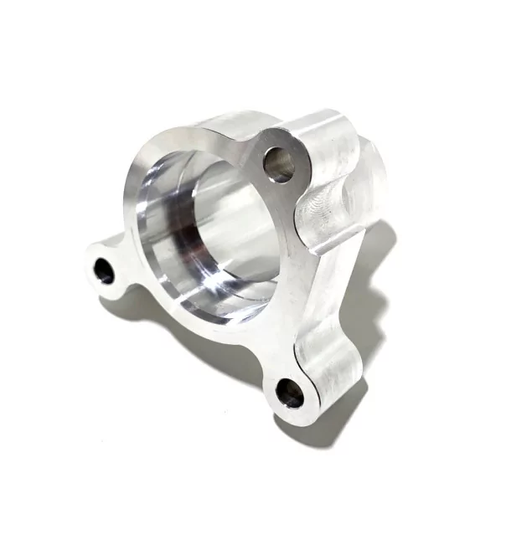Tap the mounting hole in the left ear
104,270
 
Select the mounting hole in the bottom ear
290,392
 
